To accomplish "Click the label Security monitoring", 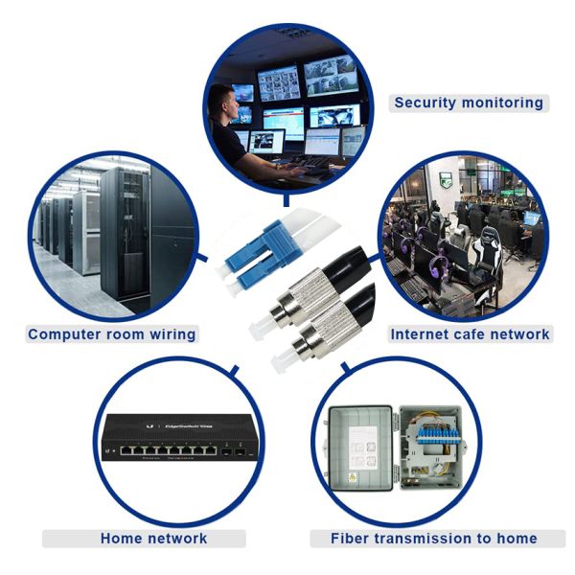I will pos(469,103).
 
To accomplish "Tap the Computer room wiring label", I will pos(111,334).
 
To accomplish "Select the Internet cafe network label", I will pos(470,334).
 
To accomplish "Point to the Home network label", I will pos(153,539).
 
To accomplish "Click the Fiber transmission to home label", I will pos(433,539).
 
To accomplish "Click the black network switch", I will pos(173,442).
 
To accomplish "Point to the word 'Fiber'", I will pos(351,539).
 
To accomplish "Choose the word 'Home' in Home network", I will pos(122,539).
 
